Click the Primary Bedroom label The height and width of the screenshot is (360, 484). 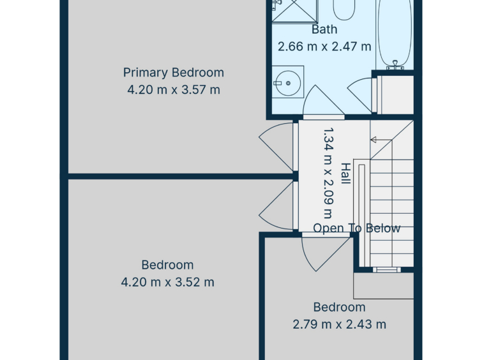(174, 73)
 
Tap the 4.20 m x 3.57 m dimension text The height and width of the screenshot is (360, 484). (174, 90)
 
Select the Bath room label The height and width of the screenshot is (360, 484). (324, 29)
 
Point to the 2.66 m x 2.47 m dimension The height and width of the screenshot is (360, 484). (324, 47)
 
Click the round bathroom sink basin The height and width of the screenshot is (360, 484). (288, 83)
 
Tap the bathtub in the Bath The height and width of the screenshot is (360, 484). (395, 33)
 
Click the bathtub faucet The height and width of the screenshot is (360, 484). (395, 65)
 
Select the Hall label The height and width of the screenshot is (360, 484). (345, 174)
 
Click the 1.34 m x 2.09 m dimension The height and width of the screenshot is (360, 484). (328, 173)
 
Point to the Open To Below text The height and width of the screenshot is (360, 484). (357, 229)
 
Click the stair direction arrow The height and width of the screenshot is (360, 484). (381, 140)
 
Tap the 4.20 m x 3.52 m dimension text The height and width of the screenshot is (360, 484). (167, 282)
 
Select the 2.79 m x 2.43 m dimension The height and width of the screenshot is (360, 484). (339, 324)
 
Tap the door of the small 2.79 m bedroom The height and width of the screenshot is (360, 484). (327, 253)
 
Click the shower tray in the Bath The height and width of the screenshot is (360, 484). (294, 11)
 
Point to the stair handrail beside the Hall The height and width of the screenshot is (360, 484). (362, 215)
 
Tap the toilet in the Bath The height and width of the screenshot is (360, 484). (344, 9)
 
